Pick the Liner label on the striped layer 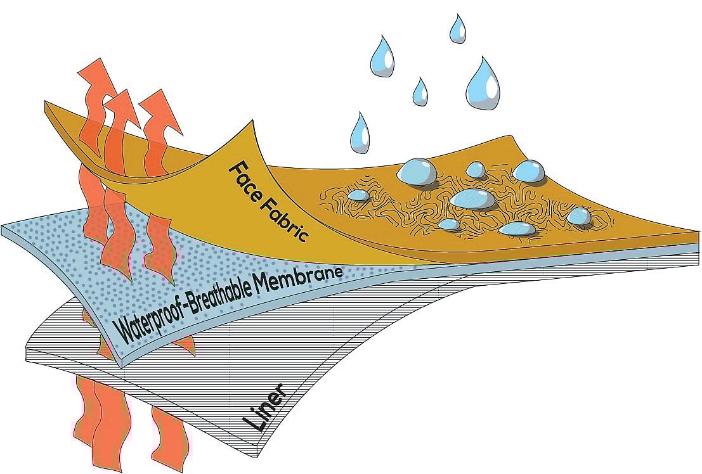(264, 409)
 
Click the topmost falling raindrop (457, 29)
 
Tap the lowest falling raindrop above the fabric (361, 133)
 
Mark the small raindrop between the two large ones (420, 91)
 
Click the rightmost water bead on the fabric (578, 216)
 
